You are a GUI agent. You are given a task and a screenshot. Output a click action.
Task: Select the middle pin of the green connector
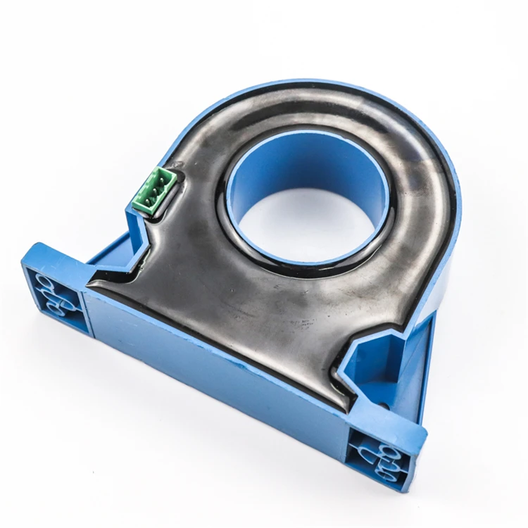[156, 189]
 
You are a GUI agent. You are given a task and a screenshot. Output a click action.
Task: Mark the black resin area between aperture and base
[246, 296]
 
